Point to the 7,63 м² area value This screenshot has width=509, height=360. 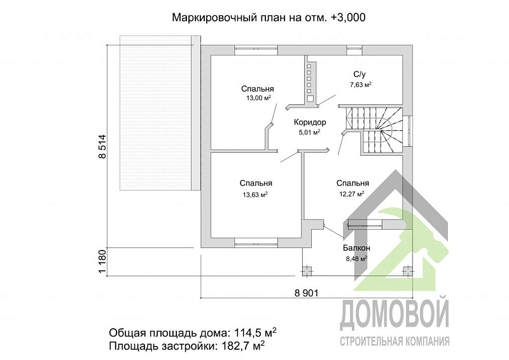pos(360,84)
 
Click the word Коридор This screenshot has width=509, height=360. pos(310,122)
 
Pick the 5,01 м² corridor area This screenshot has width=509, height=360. pos(309,132)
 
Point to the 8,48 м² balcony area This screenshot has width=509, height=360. pos(356,258)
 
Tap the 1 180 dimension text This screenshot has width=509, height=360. pos(102,262)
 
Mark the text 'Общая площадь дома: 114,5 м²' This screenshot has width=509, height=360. pos(192,333)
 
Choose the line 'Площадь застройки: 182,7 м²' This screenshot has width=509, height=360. pos(187,346)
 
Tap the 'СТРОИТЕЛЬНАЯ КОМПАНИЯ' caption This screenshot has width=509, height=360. pos(394,341)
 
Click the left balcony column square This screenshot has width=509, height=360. pos(307,270)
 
